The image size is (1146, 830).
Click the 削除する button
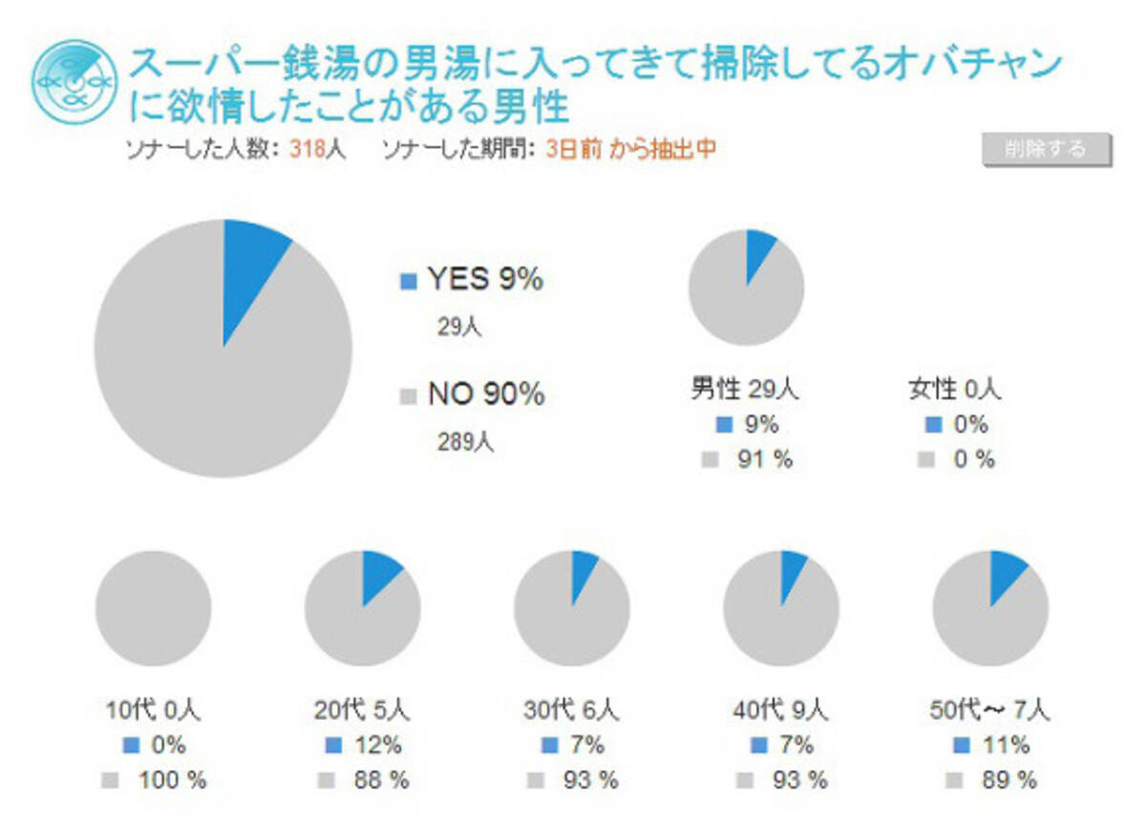pyautogui.click(x=1046, y=150)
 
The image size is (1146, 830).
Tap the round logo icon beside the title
pyautogui.click(x=68, y=81)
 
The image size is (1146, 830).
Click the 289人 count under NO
pyautogui.click(x=466, y=442)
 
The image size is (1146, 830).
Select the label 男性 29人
pyautogui.click(x=745, y=389)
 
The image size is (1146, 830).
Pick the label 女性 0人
pyautogui.click(x=955, y=389)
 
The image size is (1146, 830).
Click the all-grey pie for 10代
pyautogui.click(x=153, y=608)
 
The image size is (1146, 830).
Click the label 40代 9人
pyautogui.click(x=780, y=711)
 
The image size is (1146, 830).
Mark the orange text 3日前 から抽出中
pyautogui.click(x=630, y=150)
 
